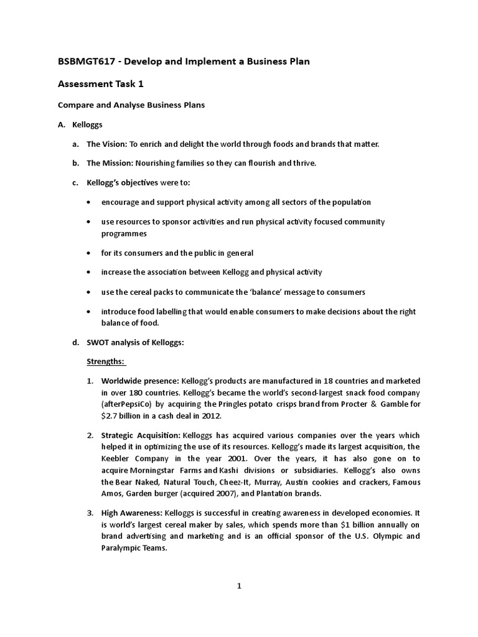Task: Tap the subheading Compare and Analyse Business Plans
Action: [131, 105]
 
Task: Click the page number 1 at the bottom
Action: [239, 585]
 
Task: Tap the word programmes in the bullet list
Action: [124, 233]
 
